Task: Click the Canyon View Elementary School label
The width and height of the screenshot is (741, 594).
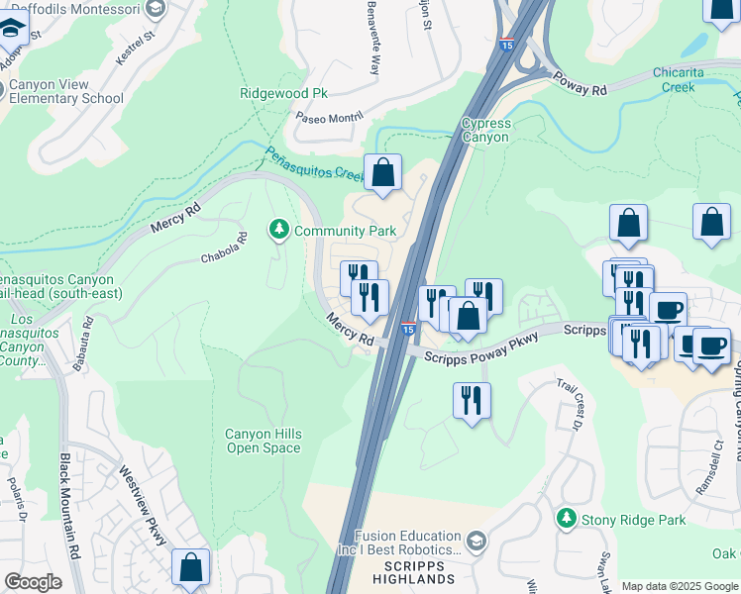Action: (x=65, y=91)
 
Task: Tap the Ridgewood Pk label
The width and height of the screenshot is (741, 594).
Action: (x=283, y=93)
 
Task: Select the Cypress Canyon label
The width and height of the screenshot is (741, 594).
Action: (x=485, y=130)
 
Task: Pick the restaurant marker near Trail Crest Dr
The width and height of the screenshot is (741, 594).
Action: (x=471, y=401)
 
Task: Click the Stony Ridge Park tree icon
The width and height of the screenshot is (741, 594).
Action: (x=566, y=518)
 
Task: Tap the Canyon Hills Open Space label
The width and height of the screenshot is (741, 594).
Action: (x=263, y=441)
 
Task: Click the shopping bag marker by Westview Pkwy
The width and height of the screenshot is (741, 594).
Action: (x=190, y=567)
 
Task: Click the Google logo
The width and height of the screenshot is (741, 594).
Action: (x=33, y=582)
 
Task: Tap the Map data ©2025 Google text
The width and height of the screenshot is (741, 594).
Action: (x=680, y=586)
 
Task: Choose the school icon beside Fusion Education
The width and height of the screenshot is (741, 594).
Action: (x=476, y=540)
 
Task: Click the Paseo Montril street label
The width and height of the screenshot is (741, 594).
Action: (x=330, y=117)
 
